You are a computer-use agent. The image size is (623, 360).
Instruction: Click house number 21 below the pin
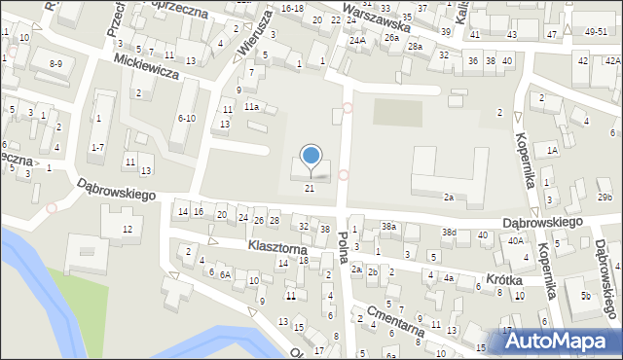coord(311,188)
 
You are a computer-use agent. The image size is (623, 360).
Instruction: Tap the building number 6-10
coord(185,118)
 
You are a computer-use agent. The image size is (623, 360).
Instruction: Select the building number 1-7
coord(97,147)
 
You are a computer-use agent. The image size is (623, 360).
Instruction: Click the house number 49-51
coord(596,32)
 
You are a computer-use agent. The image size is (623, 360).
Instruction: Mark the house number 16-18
coord(291,8)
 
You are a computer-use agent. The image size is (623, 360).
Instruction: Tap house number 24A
coord(358,41)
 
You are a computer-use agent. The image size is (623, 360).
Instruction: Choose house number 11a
coord(251,106)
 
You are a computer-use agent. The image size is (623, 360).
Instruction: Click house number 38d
coord(448,233)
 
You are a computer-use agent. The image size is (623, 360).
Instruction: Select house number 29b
coord(605,198)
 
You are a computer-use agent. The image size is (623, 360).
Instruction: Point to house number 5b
coord(585,295)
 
